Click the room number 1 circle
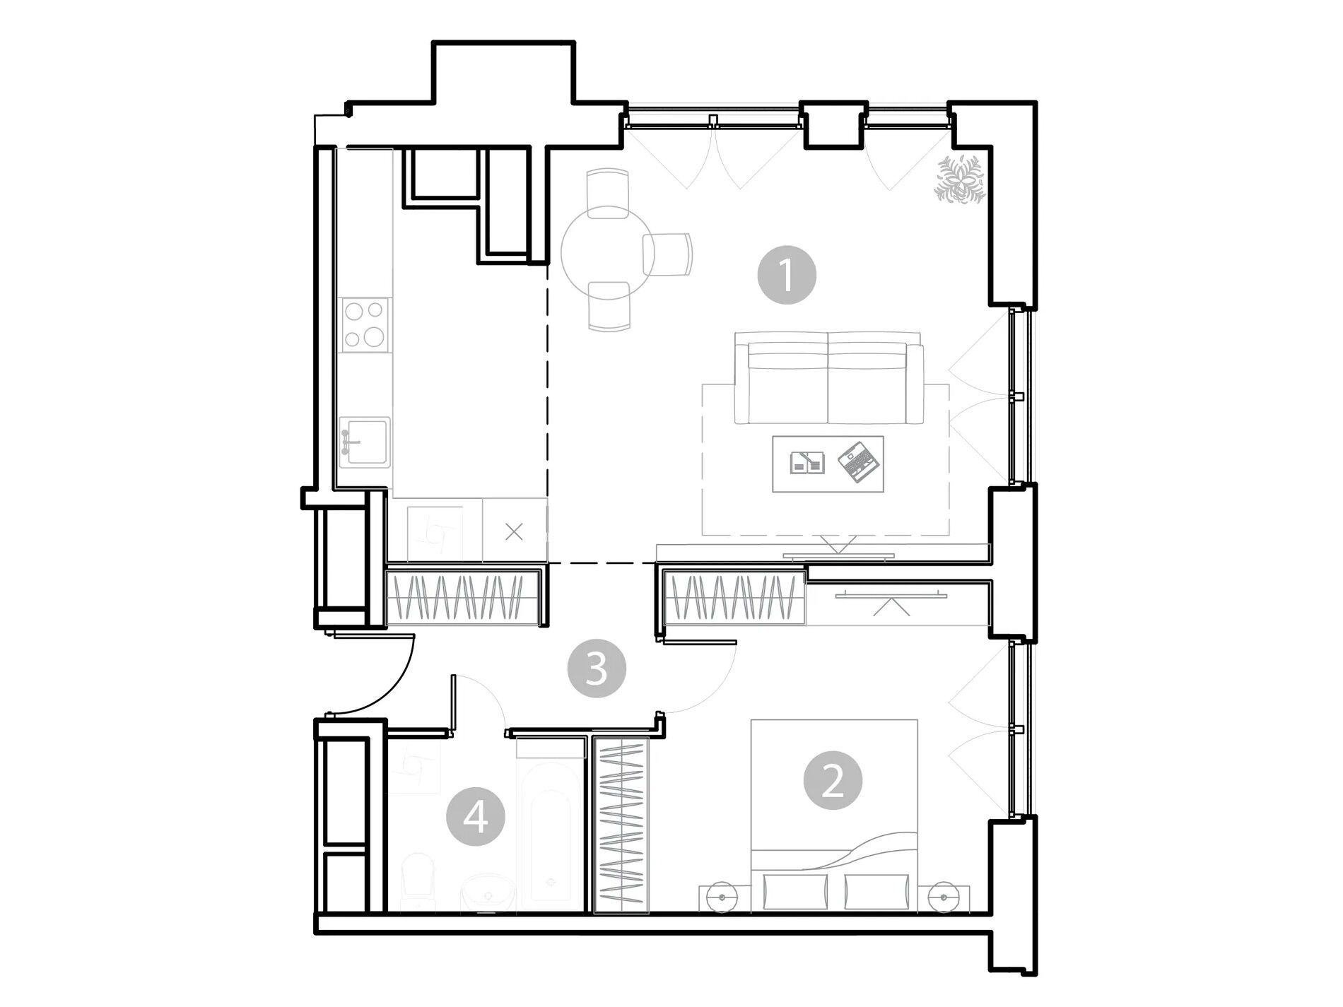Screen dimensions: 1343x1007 787,275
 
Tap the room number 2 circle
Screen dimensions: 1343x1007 833,781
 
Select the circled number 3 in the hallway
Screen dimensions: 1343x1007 597,668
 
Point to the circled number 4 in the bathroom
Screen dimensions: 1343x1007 476,819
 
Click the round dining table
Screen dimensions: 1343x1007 606,251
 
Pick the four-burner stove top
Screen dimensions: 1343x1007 365,324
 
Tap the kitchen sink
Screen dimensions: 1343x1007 364,442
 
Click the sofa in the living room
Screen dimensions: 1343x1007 828,378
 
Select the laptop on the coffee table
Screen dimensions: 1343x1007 859,462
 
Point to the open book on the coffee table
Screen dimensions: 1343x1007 807,461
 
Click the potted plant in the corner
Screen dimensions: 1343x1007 961,179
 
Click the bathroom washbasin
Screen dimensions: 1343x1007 488,893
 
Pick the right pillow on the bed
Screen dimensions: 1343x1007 876,891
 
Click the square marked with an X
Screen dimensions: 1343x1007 515,531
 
